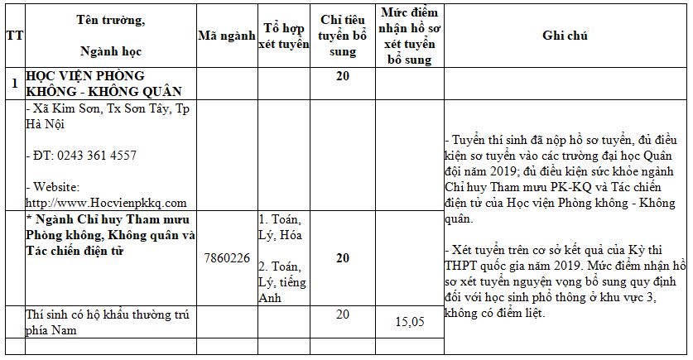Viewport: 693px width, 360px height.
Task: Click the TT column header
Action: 13,36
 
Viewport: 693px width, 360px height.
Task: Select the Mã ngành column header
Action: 225,36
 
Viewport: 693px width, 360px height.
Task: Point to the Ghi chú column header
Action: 565,36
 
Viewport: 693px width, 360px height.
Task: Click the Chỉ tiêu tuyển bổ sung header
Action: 342,36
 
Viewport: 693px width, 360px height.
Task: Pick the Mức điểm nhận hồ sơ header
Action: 410,36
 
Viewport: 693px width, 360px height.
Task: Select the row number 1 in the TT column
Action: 13,84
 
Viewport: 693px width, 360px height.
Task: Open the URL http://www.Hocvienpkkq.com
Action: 106,202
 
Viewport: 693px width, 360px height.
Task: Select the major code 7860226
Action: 226,258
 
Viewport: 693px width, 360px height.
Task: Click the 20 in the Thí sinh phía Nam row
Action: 342,314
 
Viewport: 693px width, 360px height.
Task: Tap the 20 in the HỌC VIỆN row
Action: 342,76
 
